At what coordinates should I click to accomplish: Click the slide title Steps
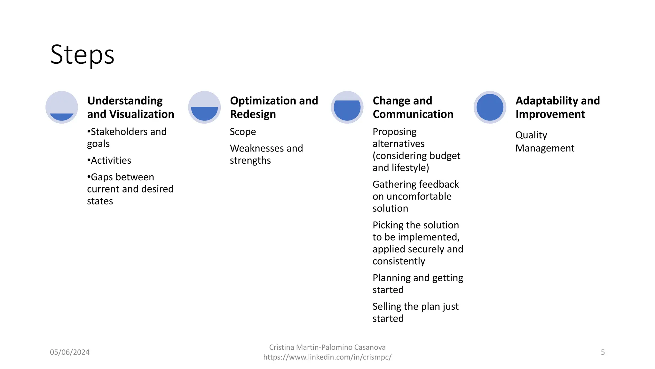82,54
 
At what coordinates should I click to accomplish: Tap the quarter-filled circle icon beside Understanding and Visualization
62,107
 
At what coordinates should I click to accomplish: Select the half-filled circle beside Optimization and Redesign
204,107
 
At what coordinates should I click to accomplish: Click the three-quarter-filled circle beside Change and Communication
347,107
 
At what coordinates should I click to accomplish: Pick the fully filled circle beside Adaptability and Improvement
490,107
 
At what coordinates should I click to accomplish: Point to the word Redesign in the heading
253,114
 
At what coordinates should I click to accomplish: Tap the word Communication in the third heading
413,114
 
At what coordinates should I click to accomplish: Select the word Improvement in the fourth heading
550,114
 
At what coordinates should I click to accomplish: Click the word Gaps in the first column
103,177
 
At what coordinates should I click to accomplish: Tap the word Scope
243,132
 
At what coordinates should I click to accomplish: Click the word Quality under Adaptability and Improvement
531,135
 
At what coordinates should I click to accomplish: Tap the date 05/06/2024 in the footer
70,352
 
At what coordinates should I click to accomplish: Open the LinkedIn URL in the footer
327,357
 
